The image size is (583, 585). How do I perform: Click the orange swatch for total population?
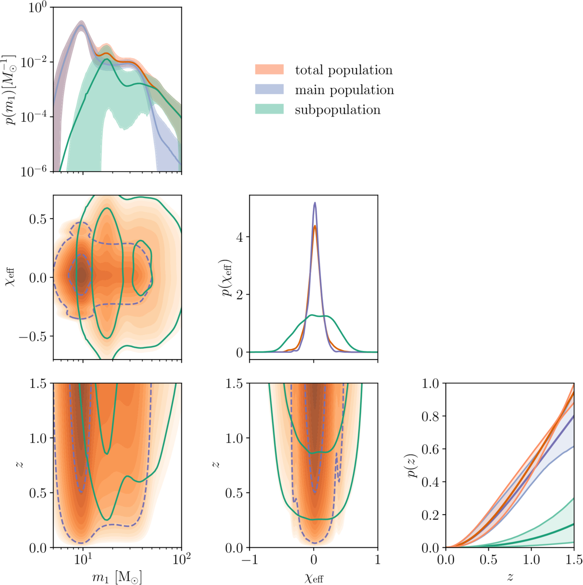coord(269,70)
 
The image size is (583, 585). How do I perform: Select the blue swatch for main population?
coord(269,90)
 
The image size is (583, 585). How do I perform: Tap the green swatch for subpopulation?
coord(269,109)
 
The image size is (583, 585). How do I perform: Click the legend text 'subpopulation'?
coord(337,110)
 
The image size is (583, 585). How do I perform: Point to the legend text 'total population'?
coord(344,70)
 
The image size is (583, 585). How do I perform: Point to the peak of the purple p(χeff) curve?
coord(315,203)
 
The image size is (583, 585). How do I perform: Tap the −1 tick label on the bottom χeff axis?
coord(250,560)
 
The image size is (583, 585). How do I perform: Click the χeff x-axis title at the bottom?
coord(314,578)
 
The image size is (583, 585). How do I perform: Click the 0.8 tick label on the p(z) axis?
coord(431,416)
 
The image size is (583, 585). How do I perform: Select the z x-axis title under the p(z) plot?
coord(510,577)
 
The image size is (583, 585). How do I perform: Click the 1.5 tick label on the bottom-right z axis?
coord(574,560)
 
